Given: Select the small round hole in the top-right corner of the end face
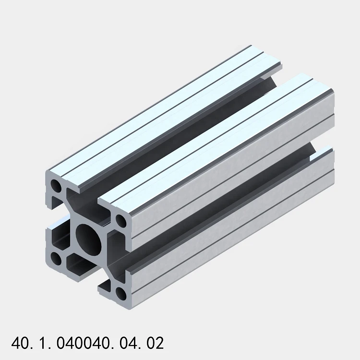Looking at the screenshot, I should tap(121, 221).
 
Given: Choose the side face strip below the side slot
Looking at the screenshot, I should tap(230, 240).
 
